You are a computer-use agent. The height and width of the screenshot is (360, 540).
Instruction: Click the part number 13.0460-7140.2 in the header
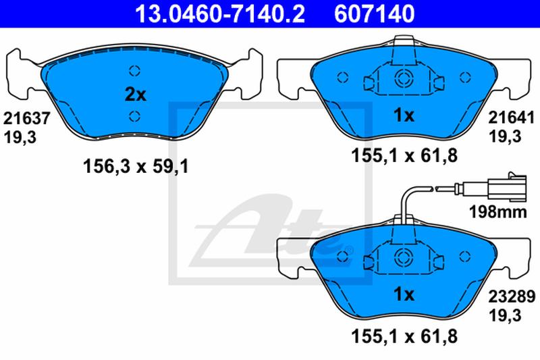[x=220, y=14]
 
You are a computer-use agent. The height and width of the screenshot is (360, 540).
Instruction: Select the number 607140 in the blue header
[x=375, y=14]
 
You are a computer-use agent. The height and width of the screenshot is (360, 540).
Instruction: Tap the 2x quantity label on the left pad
[x=136, y=95]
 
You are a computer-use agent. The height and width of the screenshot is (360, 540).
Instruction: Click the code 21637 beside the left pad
[x=26, y=118]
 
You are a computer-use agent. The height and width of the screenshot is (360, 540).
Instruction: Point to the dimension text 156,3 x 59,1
[x=136, y=167]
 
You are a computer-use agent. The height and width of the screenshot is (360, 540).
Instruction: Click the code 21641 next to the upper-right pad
[x=512, y=118]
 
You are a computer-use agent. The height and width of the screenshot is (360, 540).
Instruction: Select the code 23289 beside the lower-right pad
[x=512, y=296]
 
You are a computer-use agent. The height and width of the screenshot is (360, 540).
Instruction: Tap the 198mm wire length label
[x=498, y=211]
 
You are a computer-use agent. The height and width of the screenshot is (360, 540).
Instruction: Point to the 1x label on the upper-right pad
[x=404, y=115]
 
